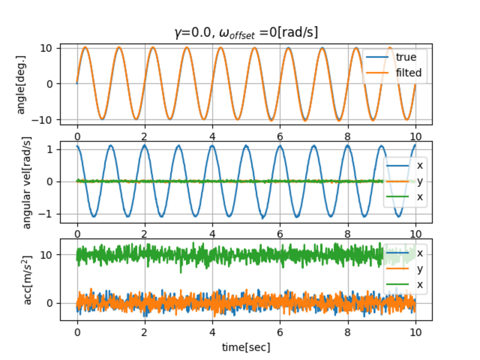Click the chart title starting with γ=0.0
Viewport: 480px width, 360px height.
tap(246, 32)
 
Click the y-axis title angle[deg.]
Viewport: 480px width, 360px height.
tap(21, 85)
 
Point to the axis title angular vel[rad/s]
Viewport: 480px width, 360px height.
tap(27, 182)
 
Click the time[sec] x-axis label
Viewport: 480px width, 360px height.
tap(246, 347)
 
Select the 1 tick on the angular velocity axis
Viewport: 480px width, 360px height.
tap(49, 150)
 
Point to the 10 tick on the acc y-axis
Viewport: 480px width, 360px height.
tap(46, 255)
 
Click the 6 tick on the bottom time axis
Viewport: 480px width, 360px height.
tap(280, 332)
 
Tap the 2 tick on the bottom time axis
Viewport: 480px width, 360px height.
tap(144, 332)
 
